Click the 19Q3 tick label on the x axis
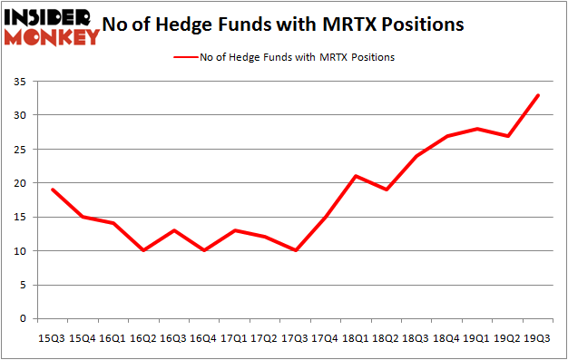[537, 337]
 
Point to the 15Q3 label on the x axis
[51, 337]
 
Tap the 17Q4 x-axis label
[324, 337]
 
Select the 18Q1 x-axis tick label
[355, 337]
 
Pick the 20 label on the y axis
[18, 183]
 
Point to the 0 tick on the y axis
[21, 319]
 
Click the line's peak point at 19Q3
[537, 95]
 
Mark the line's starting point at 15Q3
[51, 190]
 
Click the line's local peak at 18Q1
[355, 176]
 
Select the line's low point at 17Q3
[294, 251]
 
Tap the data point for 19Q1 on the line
[476, 129]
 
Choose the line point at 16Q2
[142, 251]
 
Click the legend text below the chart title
[311, 57]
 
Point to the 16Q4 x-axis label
[202, 337]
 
